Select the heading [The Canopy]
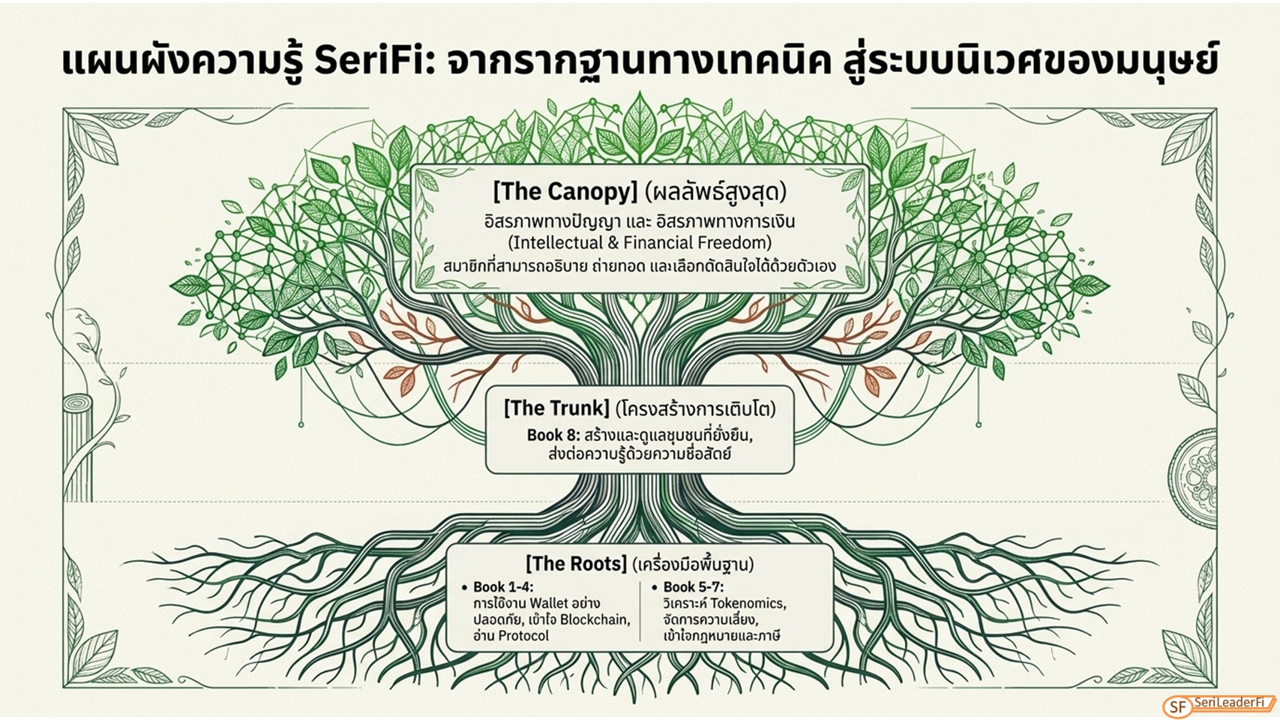[565, 192]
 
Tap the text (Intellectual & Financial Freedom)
[640, 243]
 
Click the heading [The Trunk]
[556, 408]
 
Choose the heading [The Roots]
[576, 564]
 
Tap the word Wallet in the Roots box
[549, 604]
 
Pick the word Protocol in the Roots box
[523, 635]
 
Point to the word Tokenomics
[748, 604]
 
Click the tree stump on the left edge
[78, 448]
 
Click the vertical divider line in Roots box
[640, 611]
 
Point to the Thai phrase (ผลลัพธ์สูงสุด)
[715, 192]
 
